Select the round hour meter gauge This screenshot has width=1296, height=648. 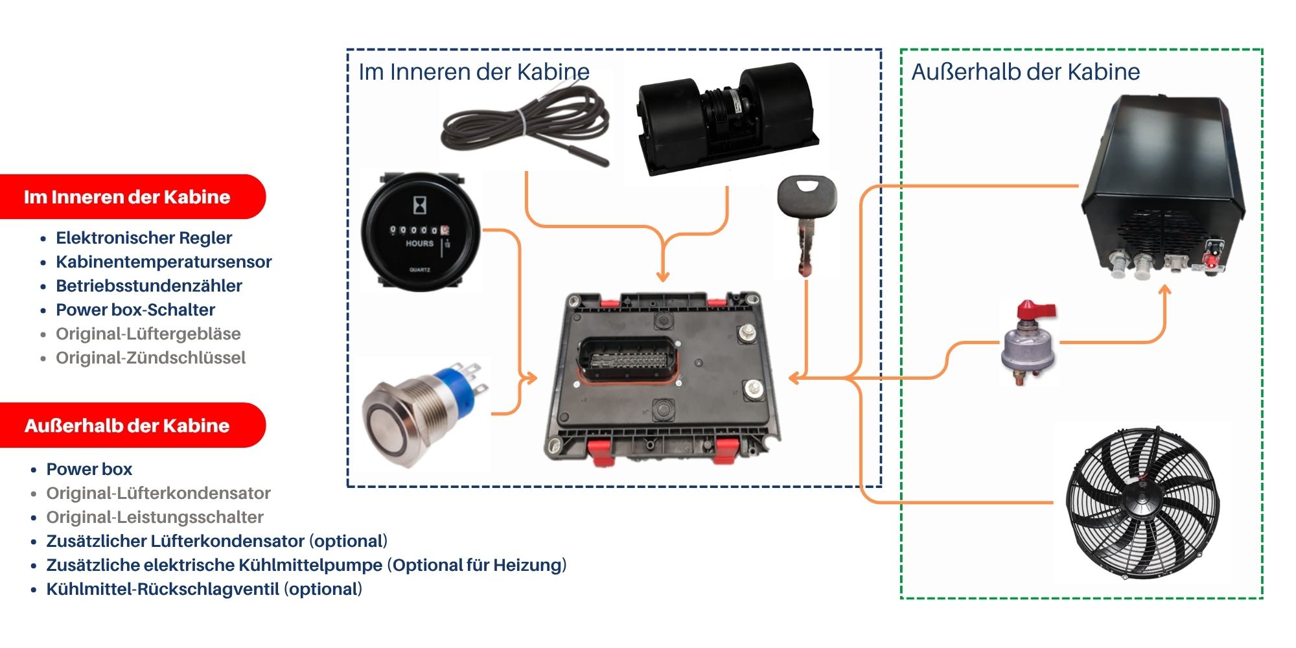point(421,232)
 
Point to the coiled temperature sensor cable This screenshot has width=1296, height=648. point(525,126)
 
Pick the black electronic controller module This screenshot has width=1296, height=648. point(661,379)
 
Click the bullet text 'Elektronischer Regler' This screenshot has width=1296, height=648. point(144,238)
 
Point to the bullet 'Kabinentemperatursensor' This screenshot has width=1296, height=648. point(163,262)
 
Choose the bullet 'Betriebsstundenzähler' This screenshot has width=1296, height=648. point(149,286)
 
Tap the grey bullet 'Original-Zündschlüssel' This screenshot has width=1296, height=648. point(150,358)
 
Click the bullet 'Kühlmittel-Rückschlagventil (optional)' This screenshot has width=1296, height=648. point(204,589)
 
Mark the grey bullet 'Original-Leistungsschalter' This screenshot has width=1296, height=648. point(155,517)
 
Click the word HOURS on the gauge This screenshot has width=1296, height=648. point(419,244)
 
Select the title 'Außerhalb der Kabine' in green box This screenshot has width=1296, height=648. point(1025,72)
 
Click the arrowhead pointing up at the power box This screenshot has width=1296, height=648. point(1164,291)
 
